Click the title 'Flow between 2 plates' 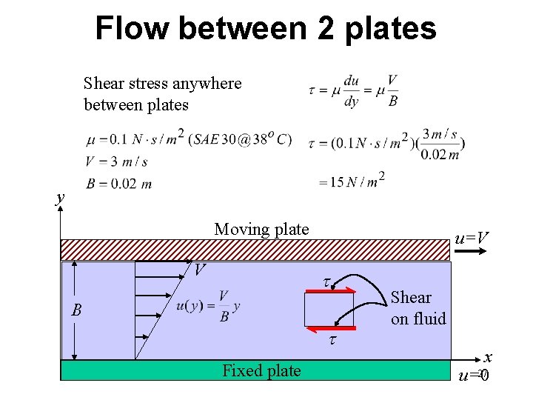tap(266, 29)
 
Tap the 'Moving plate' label tap(261, 229)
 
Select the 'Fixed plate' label tap(261, 370)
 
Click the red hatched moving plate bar tap(255, 250)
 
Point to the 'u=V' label tap(472, 238)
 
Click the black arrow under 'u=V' tap(471, 252)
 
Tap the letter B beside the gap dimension tap(76, 310)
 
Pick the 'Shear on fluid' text tap(418, 307)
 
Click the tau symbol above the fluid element tap(326, 281)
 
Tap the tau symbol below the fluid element tap(332, 340)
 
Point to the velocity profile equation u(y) tap(209, 306)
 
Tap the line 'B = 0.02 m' tap(118, 184)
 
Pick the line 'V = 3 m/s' tap(116, 161)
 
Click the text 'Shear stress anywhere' tap(162, 83)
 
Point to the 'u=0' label tap(474, 376)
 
